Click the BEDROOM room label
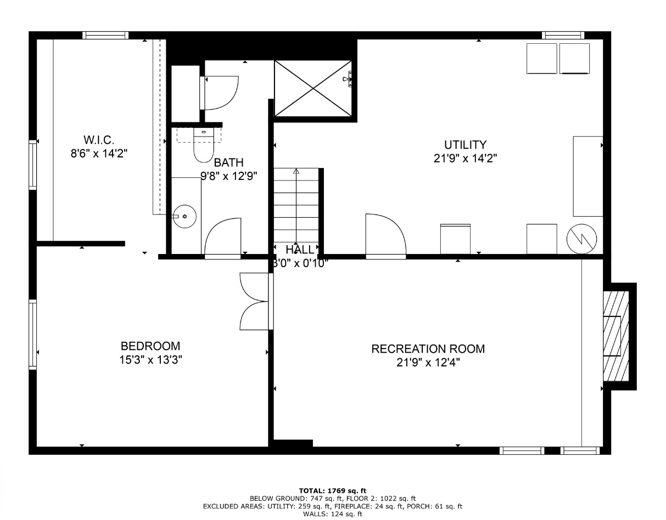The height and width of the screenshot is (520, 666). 150,346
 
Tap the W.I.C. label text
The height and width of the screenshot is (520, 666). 99,140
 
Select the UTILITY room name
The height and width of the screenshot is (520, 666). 465,145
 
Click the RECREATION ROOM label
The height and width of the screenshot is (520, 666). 428,349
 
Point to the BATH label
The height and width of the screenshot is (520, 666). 228,162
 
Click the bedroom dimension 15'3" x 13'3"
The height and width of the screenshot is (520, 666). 150,360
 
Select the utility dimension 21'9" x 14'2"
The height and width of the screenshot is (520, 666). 465,159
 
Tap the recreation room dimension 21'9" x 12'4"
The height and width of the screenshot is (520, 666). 428,363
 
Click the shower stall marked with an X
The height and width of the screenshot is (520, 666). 313,88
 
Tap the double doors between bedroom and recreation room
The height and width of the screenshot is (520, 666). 256,302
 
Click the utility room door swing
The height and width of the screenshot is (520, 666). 385,236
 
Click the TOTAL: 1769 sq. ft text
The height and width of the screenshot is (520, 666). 333,490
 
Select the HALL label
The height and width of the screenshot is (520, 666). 300,250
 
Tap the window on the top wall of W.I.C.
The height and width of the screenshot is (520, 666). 105,36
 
